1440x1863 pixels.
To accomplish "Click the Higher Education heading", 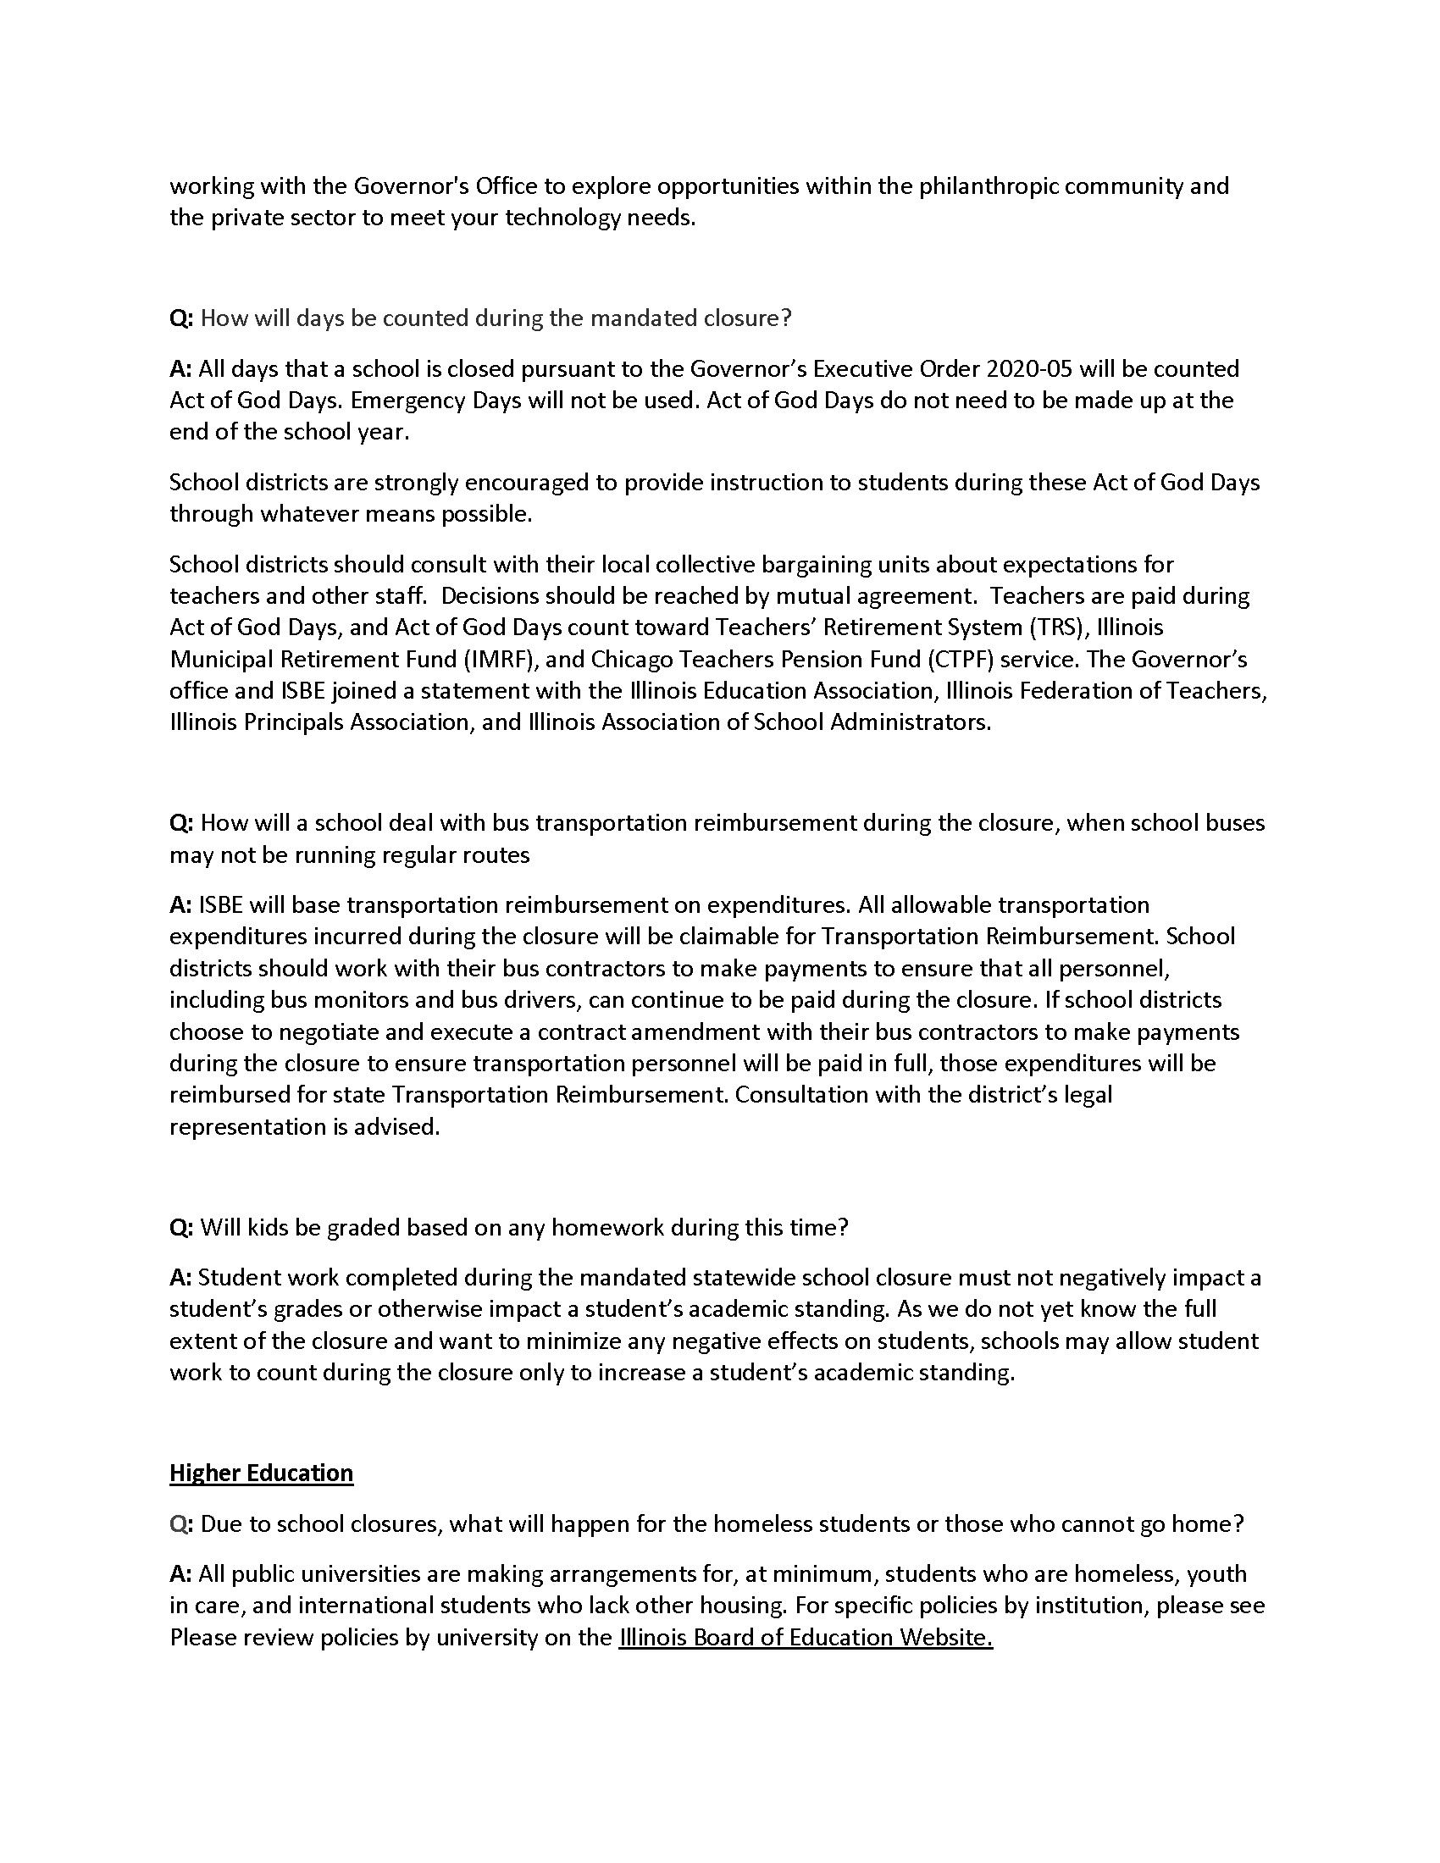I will (x=261, y=1473).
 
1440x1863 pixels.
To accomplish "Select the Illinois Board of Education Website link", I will (x=806, y=1637).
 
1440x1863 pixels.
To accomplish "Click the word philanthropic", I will (x=987, y=186).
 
